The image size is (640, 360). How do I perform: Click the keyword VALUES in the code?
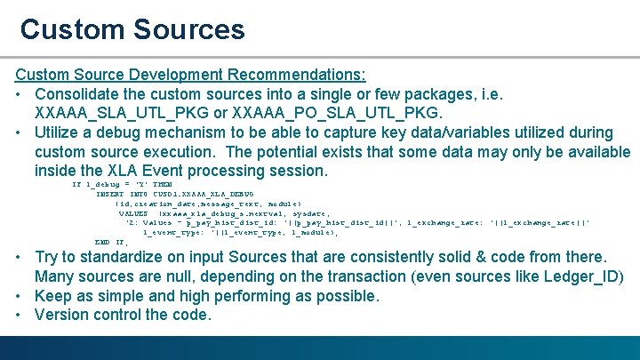133,213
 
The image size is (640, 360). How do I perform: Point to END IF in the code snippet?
111,242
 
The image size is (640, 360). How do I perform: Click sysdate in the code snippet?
310,213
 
